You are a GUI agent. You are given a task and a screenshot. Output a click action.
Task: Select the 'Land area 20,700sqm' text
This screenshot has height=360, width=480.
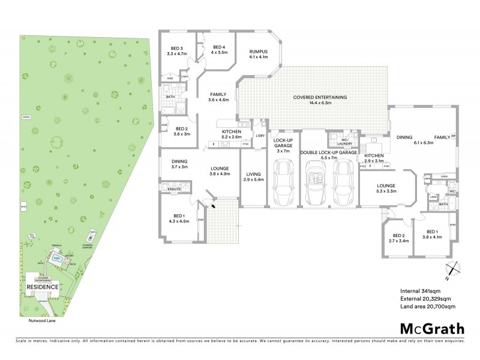pos(428,307)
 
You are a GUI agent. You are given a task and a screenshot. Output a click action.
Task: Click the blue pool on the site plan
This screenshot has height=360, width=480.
pos(57,260)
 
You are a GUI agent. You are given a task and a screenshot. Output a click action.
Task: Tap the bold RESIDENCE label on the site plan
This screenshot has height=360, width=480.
pos(42,287)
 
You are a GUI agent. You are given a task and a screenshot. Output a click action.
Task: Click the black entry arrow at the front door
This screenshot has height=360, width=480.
pos(213,205)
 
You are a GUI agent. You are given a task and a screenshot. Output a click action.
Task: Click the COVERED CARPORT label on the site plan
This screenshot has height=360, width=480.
pos(87,246)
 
